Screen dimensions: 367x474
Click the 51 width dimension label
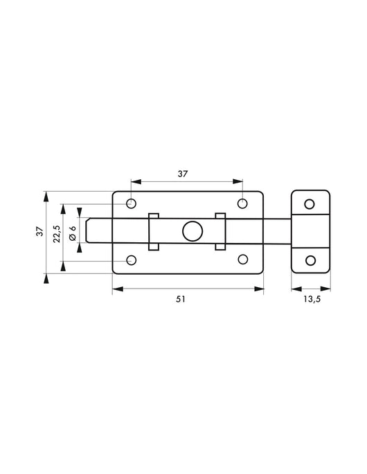180,299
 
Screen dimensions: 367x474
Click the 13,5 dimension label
312,299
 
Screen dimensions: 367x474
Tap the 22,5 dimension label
56,234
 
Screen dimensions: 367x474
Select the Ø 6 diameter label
73,233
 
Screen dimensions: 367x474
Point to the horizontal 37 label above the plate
182,174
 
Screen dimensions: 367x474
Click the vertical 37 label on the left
40,232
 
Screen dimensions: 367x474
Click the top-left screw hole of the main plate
131,203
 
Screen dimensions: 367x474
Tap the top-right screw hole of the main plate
242,203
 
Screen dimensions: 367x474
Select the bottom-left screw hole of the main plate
131,260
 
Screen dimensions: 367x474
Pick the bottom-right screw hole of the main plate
243,259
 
